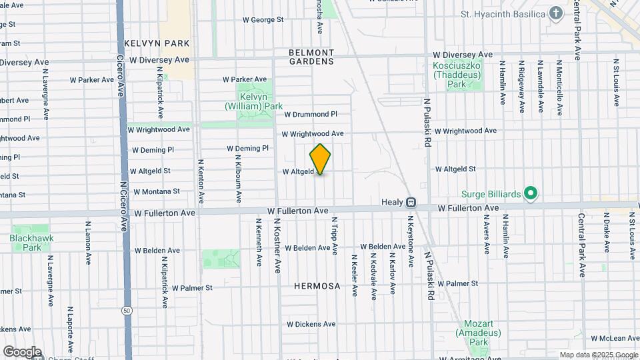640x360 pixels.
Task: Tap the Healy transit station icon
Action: click(x=411, y=202)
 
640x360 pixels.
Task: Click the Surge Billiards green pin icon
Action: click(x=531, y=194)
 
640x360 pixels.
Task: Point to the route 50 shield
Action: click(x=127, y=311)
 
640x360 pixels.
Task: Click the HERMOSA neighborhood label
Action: click(x=317, y=286)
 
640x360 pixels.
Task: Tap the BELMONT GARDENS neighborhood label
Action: click(x=311, y=57)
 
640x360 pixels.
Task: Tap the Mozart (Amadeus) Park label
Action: click(x=473, y=331)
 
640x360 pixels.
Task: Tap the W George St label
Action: click(x=263, y=20)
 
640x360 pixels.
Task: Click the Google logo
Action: click(x=22, y=352)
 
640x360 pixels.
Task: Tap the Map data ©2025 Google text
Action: click(x=598, y=355)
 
